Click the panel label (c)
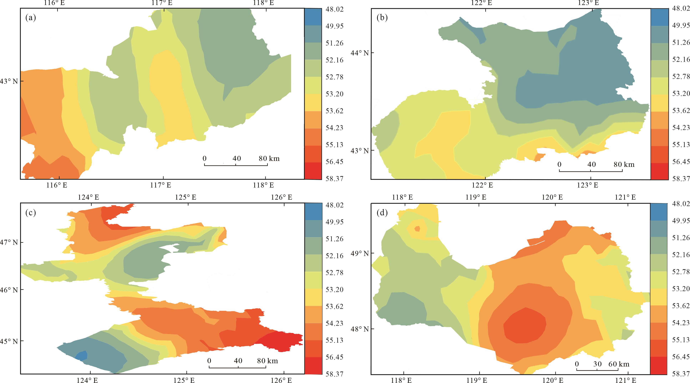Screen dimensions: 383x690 click(x=30, y=213)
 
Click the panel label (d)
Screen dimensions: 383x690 click(x=382, y=213)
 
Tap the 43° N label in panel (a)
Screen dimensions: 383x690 click(x=9, y=81)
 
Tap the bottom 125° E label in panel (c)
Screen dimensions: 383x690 click(x=186, y=380)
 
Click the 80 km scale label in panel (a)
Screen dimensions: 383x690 click(x=269, y=158)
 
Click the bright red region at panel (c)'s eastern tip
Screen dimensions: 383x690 click(x=284, y=341)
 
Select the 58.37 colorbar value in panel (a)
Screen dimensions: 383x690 click(x=334, y=179)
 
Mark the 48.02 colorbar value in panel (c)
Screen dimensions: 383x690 click(x=334, y=205)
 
